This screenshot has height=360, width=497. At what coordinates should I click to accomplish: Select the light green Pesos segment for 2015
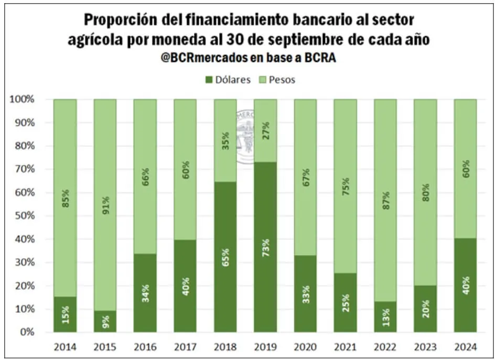click(105, 157)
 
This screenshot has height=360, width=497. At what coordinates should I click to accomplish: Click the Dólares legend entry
click(228, 80)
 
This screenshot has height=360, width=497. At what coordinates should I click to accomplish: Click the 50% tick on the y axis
click(24, 216)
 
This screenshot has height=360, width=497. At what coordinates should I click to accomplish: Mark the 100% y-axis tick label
click(21, 100)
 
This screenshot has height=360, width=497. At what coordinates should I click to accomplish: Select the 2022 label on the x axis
click(385, 347)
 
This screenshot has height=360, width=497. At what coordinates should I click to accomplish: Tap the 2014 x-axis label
click(65, 347)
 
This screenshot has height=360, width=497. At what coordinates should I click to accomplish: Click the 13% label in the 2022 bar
click(385, 318)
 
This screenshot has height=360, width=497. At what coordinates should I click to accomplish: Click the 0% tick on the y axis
click(26, 332)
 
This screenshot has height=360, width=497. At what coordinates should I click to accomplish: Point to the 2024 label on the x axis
click(466, 347)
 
